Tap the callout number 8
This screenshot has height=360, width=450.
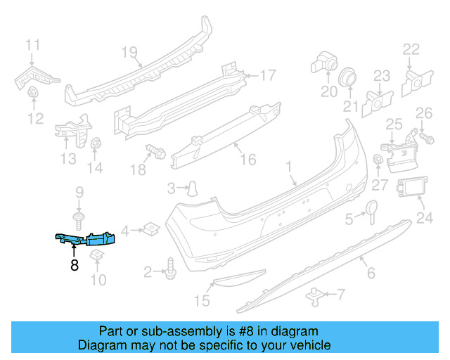74,265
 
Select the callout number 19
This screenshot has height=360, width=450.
127,52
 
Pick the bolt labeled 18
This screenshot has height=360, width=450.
155,150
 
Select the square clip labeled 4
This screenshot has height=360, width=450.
150,228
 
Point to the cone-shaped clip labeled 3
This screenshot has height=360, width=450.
191,187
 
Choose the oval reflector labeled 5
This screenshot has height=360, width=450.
371,208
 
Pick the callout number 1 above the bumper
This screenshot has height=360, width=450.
288,167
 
